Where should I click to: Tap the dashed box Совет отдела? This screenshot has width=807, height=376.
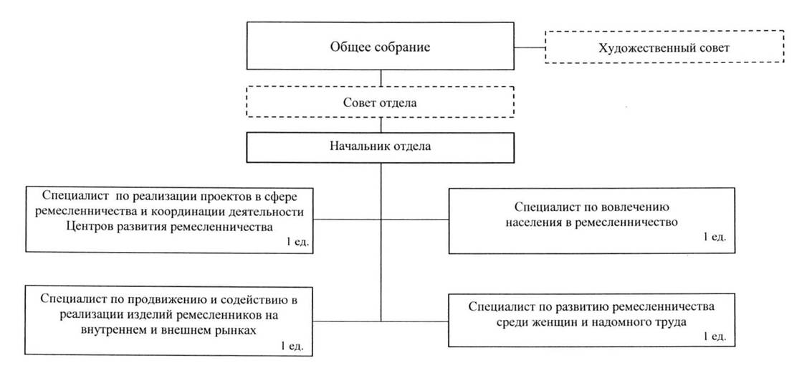pyautogui.click(x=380, y=102)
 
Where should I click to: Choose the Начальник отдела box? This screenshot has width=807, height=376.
pyautogui.click(x=380, y=147)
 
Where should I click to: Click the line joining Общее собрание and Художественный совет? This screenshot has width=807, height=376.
pyautogui.click(x=530, y=47)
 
